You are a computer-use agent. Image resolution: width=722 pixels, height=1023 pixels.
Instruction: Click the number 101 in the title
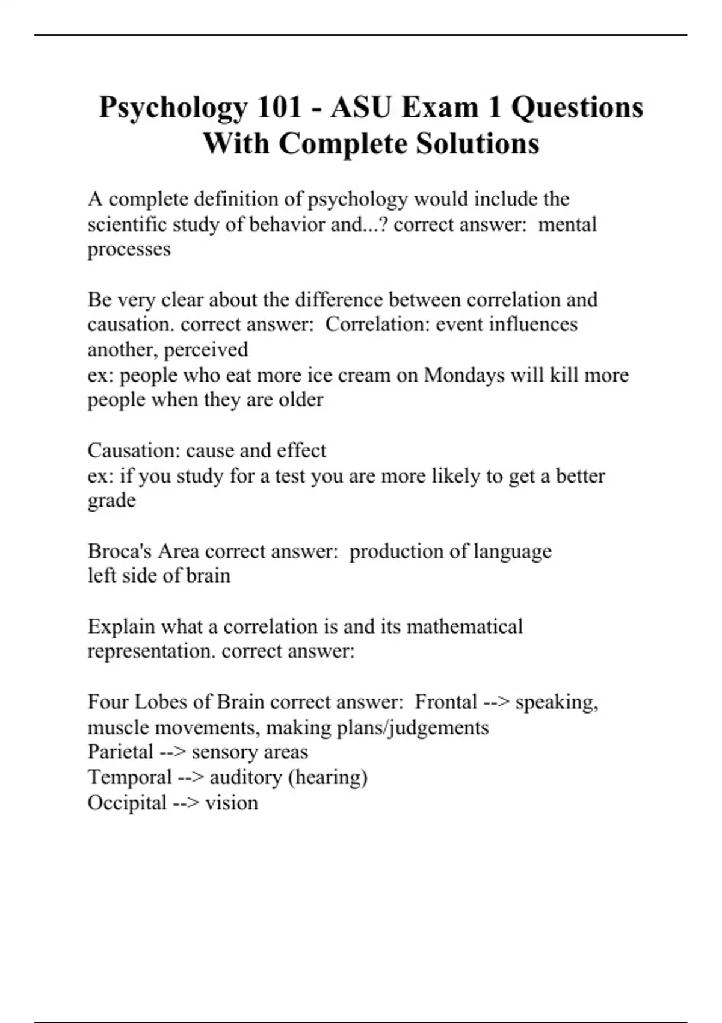279,108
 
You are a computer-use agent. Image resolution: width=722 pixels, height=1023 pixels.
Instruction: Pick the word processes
129,250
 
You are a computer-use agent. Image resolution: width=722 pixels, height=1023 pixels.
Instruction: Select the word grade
111,501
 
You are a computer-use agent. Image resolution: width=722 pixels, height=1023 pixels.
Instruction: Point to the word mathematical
464,626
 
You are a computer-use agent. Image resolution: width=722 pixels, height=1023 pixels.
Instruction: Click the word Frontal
446,702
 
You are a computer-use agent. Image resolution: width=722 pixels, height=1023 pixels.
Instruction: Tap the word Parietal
120,752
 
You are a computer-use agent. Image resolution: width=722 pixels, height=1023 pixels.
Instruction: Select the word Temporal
129,777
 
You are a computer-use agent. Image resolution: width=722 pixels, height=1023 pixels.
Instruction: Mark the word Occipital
127,803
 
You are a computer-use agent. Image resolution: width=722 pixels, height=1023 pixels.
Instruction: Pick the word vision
232,803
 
